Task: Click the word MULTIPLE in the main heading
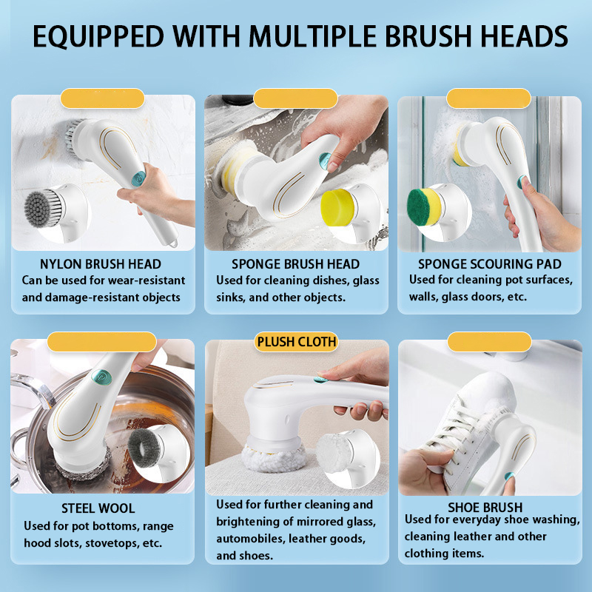tap(313, 36)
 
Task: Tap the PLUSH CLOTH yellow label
tap(297, 342)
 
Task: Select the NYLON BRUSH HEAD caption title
tap(101, 264)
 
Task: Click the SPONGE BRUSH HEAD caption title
tap(295, 264)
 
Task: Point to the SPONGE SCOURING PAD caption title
tap(490, 264)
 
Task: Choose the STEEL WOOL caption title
tap(98, 508)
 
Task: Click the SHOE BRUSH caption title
tap(485, 507)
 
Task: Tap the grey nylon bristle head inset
tap(42, 209)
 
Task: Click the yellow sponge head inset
tap(338, 207)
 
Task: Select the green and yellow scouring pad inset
tap(424, 207)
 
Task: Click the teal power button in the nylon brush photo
tap(138, 178)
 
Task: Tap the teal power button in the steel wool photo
tap(101, 377)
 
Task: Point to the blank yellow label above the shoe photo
tap(489, 342)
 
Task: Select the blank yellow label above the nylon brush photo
tap(102, 98)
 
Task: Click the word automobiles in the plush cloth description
tap(250, 539)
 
